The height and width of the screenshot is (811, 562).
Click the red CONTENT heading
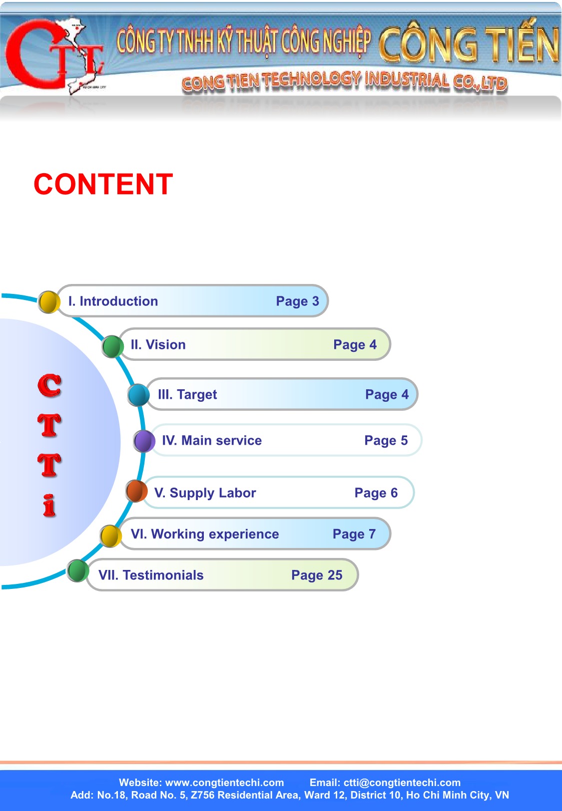103,184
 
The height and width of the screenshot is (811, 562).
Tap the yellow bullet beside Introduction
49,302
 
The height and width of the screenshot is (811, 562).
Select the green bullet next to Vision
112,346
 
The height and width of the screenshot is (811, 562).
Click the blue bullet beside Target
138,395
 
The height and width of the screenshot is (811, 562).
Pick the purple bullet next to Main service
144,441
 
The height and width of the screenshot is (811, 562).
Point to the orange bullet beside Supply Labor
136,491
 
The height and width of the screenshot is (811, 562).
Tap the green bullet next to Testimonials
78,570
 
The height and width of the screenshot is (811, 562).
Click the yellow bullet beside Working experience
110,536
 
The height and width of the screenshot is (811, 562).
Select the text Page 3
297,301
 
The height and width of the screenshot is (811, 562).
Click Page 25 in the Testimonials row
317,575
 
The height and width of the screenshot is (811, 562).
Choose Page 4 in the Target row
387,395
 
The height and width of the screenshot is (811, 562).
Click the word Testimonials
163,575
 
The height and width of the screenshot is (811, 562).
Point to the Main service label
221,441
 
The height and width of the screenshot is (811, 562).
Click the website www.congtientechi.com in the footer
224,783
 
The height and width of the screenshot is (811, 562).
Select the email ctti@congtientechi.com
402,783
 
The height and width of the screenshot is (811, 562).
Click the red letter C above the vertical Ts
49,385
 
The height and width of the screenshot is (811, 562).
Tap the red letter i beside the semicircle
49,506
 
